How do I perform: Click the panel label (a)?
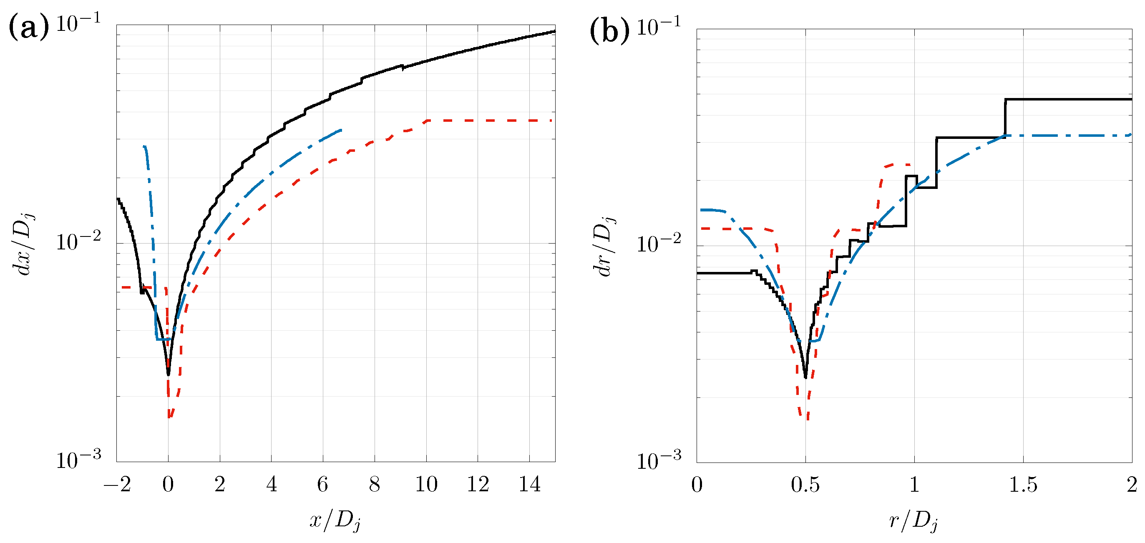[x=28, y=28]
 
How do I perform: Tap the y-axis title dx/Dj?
[x=25, y=244]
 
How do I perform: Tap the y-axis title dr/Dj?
[x=605, y=246]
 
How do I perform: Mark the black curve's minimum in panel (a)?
[x=168, y=374]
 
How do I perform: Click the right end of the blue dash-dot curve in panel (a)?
[x=341, y=130]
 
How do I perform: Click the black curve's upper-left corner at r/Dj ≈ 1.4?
[x=1005, y=100]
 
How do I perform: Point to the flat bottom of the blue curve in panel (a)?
[x=164, y=339]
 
